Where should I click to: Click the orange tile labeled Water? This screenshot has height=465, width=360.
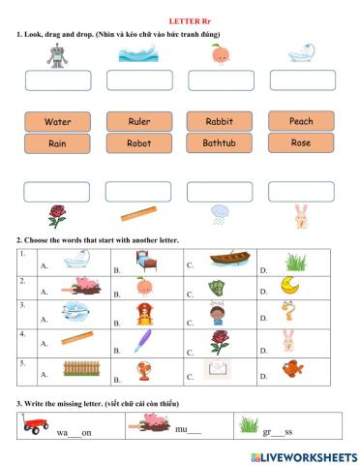click(x=57, y=122)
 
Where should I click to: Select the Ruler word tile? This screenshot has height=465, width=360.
click(x=138, y=122)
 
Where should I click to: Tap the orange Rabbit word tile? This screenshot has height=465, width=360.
click(x=219, y=122)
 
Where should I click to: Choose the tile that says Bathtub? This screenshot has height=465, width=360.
click(x=219, y=143)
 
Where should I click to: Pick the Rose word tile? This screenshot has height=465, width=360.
click(x=301, y=142)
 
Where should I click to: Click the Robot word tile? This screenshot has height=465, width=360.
click(x=138, y=143)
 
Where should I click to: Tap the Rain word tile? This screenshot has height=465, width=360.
click(x=57, y=143)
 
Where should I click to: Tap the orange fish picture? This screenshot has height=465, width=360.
click(x=288, y=367)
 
